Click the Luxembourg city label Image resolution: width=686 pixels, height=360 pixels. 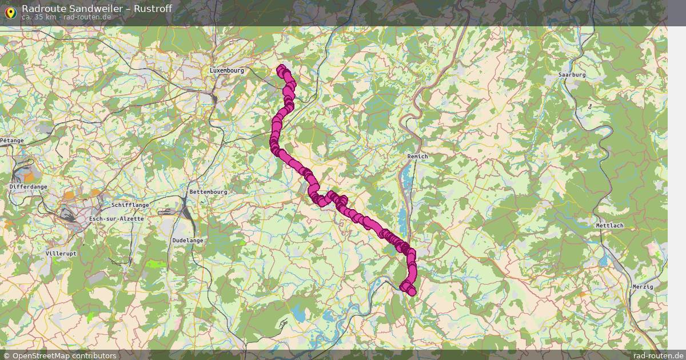click(226, 70)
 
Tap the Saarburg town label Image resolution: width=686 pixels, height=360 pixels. click(572, 75)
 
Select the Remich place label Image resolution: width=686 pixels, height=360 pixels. click(417, 156)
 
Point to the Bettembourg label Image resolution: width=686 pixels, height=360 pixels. click(208, 192)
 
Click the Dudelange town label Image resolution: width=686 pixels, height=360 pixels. click(188, 241)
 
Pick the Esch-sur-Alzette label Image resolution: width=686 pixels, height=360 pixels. click(117, 219)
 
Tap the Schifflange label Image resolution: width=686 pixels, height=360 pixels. click(130, 205)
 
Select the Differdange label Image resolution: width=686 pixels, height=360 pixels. click(29, 187)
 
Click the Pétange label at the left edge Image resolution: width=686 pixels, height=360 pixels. click(11, 140)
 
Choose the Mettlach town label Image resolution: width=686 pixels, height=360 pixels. click(609, 226)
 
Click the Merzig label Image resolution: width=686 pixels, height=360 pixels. click(643, 286)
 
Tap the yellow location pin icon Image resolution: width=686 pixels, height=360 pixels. click(10, 13)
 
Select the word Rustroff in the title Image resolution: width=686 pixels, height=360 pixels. click(150, 8)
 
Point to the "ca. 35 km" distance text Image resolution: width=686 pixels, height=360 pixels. click(38, 17)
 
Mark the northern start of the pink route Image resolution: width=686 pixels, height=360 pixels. click(281, 69)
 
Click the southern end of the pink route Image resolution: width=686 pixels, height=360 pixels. click(412, 292)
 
